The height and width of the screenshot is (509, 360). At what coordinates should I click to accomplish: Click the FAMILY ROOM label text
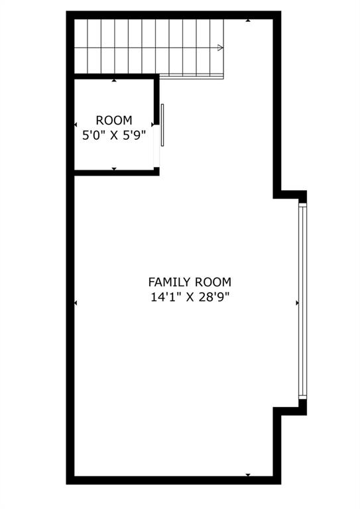point(190,282)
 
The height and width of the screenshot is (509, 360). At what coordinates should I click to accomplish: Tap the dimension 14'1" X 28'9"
point(190,297)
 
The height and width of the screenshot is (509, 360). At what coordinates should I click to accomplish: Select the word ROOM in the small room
point(114,121)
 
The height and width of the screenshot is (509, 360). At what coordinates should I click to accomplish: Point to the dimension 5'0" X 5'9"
point(114,136)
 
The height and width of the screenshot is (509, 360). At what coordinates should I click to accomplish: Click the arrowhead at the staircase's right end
point(220,48)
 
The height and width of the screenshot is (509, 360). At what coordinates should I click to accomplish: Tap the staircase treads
point(146,46)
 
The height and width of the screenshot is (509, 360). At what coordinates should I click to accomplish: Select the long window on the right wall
point(303,302)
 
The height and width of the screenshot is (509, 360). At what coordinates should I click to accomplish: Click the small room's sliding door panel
point(162,125)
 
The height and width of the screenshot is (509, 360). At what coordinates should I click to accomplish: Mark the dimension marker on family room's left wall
point(76,303)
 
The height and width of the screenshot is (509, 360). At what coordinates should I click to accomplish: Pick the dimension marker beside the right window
point(296,303)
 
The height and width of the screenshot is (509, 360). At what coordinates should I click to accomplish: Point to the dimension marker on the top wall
point(248,21)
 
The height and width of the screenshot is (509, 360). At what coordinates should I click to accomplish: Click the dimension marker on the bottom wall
point(248,475)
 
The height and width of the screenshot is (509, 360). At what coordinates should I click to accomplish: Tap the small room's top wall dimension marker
point(114,81)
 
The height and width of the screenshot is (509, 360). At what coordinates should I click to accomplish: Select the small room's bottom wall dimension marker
point(114,169)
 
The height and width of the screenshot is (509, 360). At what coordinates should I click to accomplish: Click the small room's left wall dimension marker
point(76,125)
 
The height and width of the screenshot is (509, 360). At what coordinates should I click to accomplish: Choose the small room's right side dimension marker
point(153,125)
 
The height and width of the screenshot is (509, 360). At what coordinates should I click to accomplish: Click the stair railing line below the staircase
point(192,76)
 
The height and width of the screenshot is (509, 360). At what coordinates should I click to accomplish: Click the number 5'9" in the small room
point(133,136)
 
